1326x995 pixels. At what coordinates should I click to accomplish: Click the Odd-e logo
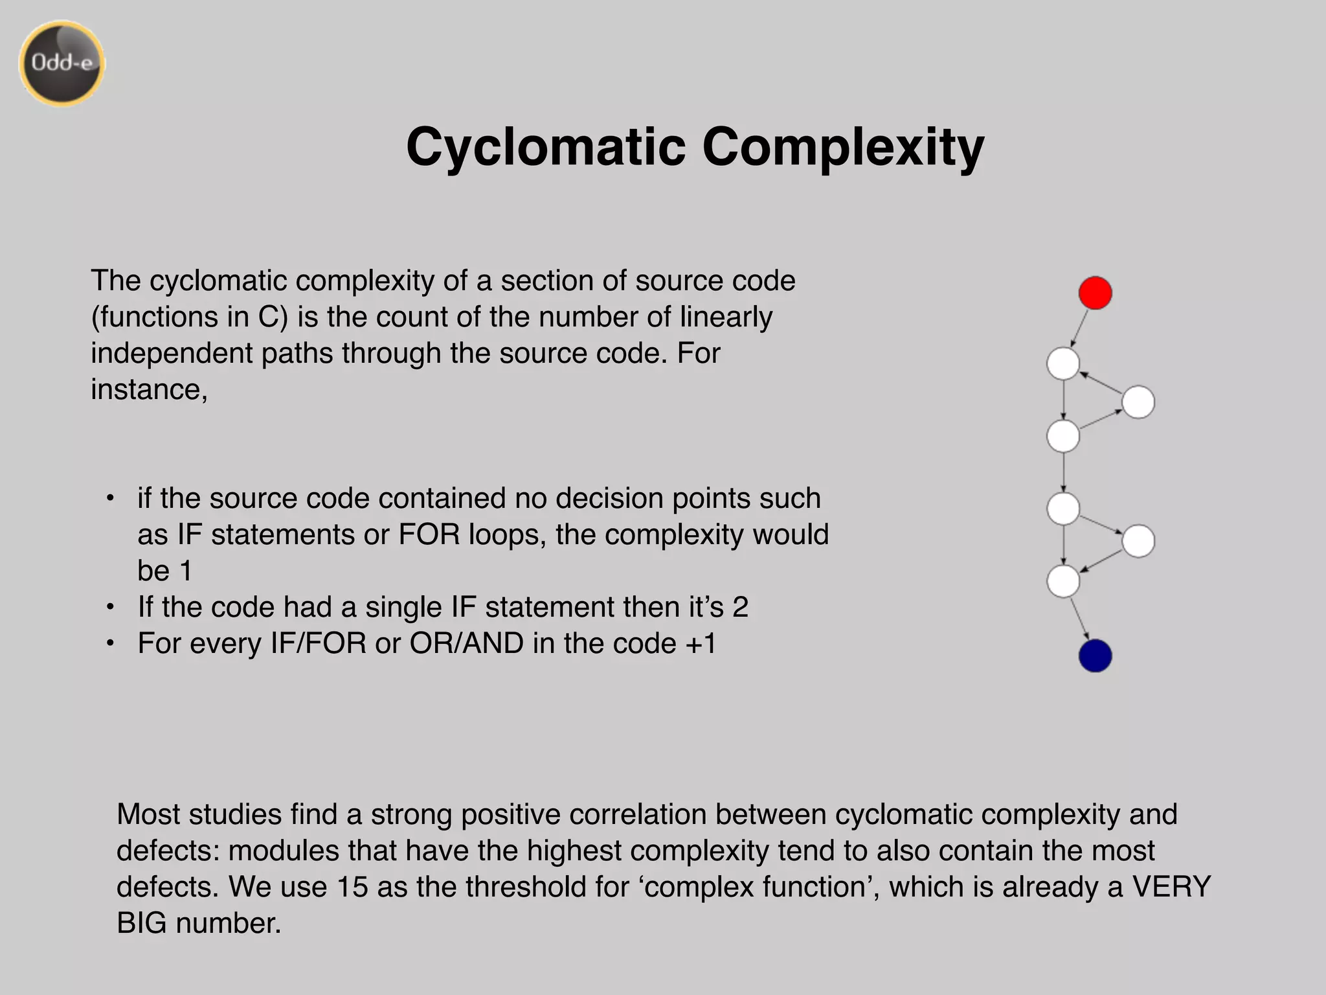click(62, 63)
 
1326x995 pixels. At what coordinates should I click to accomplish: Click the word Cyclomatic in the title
click(545, 148)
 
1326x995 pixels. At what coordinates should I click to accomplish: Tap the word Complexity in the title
click(842, 148)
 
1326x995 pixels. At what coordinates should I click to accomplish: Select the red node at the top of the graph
click(1095, 293)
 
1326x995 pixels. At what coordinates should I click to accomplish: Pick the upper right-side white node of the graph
click(1138, 402)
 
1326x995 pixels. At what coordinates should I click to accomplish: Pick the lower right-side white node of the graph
click(1138, 541)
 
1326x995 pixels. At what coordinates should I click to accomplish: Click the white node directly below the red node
click(1063, 363)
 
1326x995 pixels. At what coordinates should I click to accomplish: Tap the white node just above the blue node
click(1063, 581)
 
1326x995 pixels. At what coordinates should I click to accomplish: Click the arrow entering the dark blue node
click(1079, 619)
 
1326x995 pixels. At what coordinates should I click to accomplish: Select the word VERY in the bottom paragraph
click(1171, 887)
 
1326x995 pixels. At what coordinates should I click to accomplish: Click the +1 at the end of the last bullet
click(701, 643)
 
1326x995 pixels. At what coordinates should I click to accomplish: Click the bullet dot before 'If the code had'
click(111, 608)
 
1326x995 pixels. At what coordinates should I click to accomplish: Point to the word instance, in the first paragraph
click(149, 389)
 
